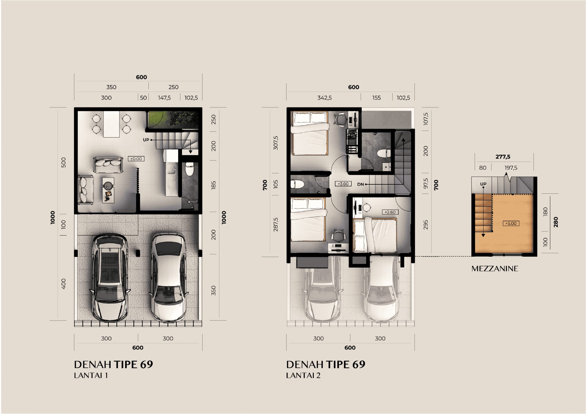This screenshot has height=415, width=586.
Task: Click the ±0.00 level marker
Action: pyautogui.click(x=136, y=159)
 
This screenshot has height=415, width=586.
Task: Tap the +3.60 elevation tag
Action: pyautogui.click(x=343, y=184)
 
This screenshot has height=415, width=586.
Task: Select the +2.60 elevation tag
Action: pyautogui.click(x=390, y=212)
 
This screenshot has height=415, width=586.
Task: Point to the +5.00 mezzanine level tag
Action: pyautogui.click(x=511, y=223)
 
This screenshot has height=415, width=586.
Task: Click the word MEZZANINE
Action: pyautogui.click(x=495, y=269)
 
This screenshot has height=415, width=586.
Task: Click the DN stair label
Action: pyautogui.click(x=360, y=184)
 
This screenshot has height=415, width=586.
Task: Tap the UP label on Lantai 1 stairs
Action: pyautogui.click(x=146, y=140)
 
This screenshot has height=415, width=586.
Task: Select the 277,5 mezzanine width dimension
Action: pyautogui.click(x=503, y=157)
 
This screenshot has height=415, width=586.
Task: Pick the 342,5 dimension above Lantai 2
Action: pyautogui.click(x=325, y=98)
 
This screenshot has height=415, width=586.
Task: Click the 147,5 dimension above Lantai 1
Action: pyautogui.click(x=164, y=98)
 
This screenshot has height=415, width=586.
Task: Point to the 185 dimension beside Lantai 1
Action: pyautogui.click(x=213, y=185)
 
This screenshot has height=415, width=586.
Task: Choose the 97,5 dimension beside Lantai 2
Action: pyautogui.click(x=426, y=184)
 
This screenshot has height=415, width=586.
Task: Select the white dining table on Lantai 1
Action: pyautogui.click(x=111, y=124)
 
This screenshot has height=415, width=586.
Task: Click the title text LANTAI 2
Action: pyautogui.click(x=303, y=375)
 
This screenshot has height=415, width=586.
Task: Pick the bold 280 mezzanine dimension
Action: pyautogui.click(x=556, y=222)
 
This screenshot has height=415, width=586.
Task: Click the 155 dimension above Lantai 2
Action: pyautogui.click(x=377, y=98)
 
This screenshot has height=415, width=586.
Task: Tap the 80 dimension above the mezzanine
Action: pyautogui.click(x=483, y=168)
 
